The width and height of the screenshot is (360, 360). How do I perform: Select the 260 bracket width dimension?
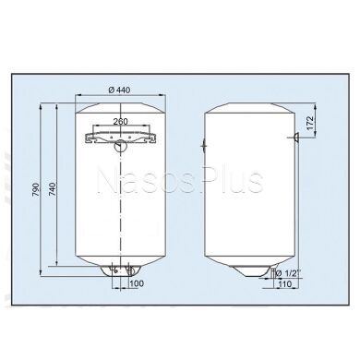120,121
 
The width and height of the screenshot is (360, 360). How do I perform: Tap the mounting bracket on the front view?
120,136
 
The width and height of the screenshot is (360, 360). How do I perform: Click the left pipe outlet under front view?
113,271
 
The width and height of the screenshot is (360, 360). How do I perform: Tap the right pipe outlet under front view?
130,271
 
